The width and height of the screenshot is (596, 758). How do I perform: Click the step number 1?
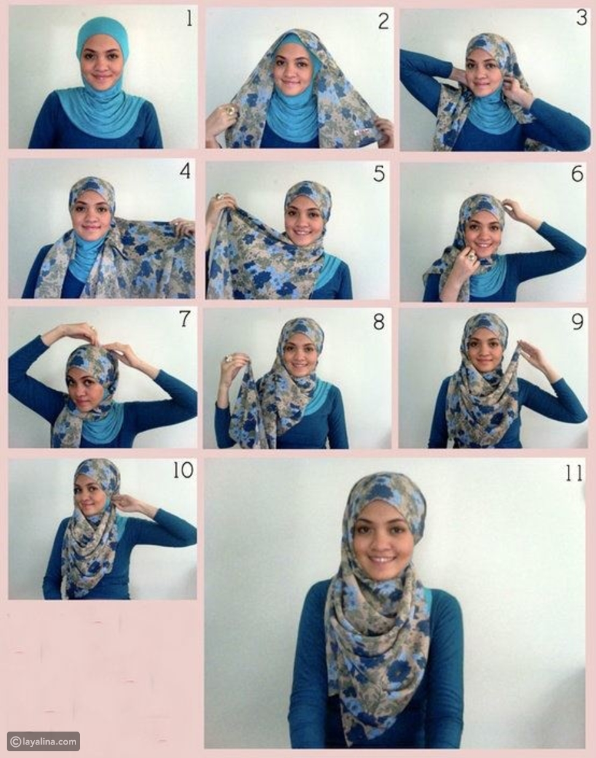tap(189, 18)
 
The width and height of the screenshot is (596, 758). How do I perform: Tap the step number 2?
tap(383, 21)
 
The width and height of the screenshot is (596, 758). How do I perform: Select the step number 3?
tap(581, 17)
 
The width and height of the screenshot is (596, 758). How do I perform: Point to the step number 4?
tap(185, 171)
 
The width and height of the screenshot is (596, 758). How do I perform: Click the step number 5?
tap(379, 174)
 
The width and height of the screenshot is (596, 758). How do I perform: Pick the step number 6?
tap(578, 173)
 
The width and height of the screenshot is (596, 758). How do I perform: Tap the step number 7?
tap(185, 319)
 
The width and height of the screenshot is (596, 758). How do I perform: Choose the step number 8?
tap(379, 322)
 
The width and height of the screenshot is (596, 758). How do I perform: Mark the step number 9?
tap(578, 322)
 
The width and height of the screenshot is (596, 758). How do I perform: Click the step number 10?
tap(183, 471)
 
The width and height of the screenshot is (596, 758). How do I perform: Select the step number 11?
tap(574, 474)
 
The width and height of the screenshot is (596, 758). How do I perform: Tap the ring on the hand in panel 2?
tap(230, 111)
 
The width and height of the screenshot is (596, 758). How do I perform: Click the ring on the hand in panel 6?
tap(471, 257)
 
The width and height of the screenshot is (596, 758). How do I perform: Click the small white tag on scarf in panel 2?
tap(357, 133)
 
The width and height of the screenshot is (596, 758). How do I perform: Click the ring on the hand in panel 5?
tap(219, 197)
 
